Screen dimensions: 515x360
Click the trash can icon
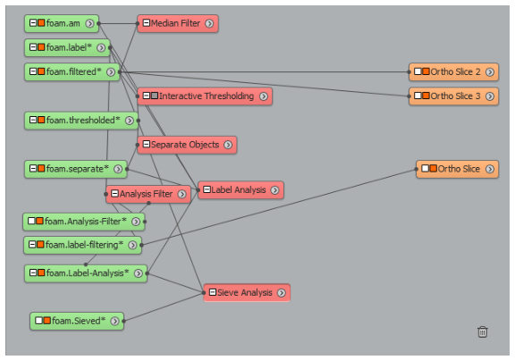point(482,331)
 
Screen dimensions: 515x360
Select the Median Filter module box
point(178,23)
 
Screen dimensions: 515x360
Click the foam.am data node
point(62,23)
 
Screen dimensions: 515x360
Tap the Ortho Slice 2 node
point(453,71)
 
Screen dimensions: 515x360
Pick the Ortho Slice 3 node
point(453,96)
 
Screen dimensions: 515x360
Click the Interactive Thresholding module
point(205,96)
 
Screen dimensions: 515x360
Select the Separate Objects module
point(187,145)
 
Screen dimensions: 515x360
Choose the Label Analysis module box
point(241,190)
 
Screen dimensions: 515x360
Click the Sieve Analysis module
point(247,293)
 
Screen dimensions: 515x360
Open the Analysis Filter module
point(148,194)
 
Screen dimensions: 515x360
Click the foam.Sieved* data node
point(77,321)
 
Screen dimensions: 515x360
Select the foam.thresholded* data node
point(81,121)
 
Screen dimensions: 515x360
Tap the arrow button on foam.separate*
point(118,169)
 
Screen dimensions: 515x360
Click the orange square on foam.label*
point(41,47)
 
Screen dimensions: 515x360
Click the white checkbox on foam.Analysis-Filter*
point(31,221)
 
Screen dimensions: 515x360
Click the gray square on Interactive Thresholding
point(155,96)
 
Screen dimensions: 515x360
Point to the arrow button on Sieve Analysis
point(282,293)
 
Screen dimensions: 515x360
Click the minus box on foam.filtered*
point(33,71)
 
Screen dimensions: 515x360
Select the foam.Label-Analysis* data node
point(86,273)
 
